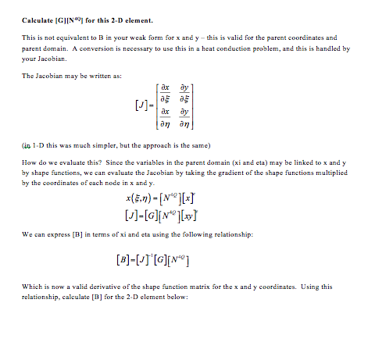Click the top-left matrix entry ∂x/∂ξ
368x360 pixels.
pos(166,93)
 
